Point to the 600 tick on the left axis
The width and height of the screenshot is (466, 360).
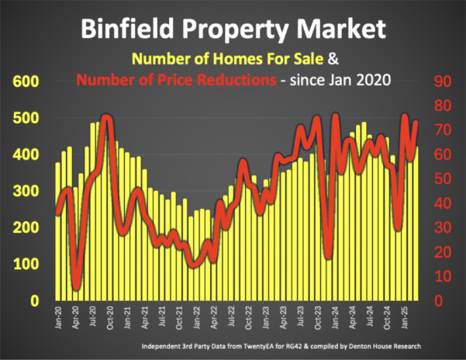point(22,81)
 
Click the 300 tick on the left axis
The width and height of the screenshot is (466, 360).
point(22,191)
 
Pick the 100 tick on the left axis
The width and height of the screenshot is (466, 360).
point(22,264)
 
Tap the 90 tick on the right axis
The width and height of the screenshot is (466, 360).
point(442,81)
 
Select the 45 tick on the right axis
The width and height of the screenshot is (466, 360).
point(442,191)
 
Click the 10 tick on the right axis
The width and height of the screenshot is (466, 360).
point(442,276)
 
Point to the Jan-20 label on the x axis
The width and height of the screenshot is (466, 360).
point(59,319)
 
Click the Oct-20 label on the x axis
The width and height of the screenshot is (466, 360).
point(110,319)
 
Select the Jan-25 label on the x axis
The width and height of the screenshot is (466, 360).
point(404,319)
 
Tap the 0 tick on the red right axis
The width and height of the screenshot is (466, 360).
point(438,300)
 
